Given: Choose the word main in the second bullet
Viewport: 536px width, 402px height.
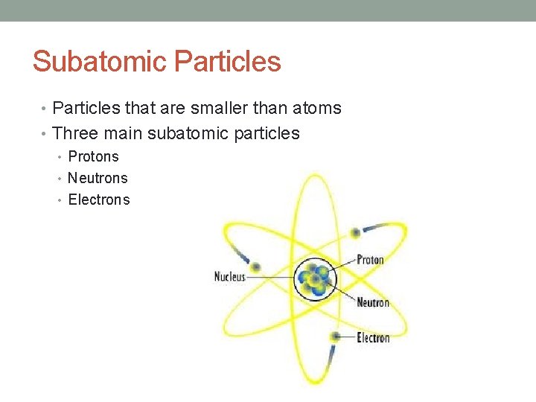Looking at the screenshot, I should pos(124,134).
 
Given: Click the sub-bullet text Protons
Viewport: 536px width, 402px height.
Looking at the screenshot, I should pos(93,156).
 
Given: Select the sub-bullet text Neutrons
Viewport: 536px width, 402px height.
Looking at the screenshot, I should pos(98,178).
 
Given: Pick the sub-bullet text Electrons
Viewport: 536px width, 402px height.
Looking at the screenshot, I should pos(99,200).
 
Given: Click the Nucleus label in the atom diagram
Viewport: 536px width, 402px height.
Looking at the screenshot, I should pos(229,277).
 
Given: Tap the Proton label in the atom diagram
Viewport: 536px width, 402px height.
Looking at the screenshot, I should pos(370,260).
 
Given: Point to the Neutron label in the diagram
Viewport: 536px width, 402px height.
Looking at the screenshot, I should pos(373,302).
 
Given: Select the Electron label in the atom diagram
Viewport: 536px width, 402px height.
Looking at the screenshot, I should pos(373,338).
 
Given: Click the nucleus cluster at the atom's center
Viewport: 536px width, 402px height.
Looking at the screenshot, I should pos(316,278).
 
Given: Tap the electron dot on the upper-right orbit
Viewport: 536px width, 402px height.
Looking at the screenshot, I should pos(356,233).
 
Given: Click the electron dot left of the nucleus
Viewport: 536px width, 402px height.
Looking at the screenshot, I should pos(256,267).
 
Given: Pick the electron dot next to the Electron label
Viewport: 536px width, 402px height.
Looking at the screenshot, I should pos(336,336).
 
